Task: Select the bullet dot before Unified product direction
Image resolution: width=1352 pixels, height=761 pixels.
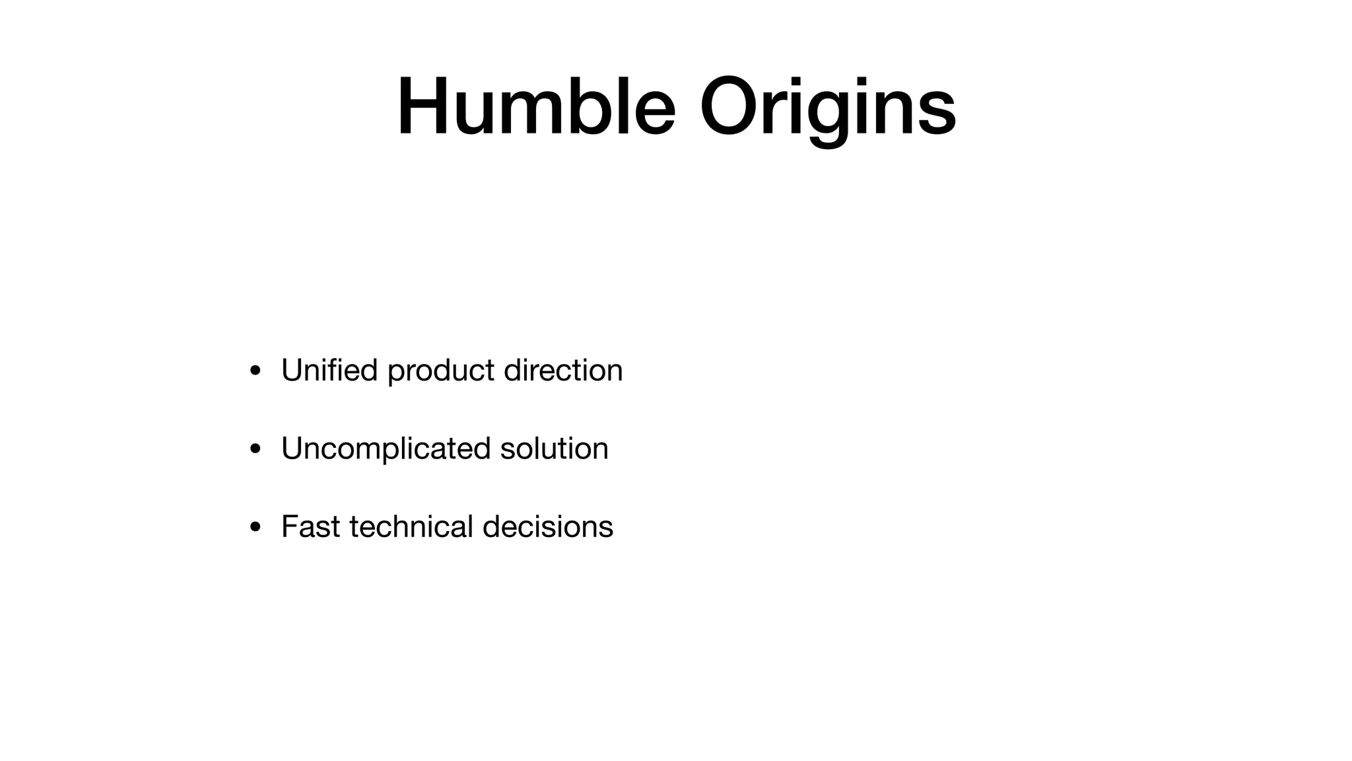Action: tap(255, 371)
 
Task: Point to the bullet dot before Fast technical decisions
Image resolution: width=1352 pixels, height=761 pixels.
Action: tap(255, 528)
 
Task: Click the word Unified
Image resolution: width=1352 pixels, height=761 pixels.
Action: tap(329, 370)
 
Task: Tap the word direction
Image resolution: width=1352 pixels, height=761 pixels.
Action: tap(563, 370)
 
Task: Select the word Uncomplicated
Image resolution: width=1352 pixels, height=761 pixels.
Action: tap(386, 449)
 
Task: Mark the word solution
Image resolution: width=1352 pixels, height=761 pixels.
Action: tap(554, 449)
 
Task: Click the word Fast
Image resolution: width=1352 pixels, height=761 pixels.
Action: tap(310, 527)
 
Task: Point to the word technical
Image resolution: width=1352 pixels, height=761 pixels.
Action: tap(411, 526)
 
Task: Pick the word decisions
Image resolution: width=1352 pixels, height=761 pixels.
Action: tap(548, 526)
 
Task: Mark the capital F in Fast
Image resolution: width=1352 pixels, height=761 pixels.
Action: tap(288, 527)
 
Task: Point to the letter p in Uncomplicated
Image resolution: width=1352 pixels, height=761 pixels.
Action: tap(386, 453)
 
